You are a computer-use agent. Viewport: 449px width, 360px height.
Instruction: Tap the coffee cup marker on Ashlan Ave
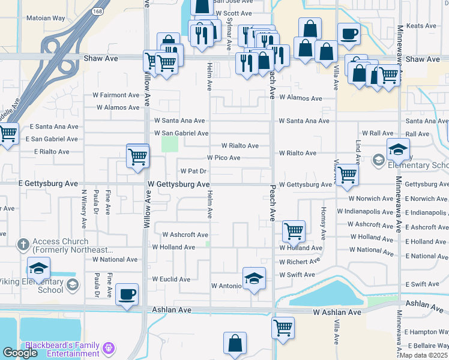[127, 294]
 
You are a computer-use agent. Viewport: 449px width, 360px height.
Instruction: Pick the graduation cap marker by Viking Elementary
[38, 268]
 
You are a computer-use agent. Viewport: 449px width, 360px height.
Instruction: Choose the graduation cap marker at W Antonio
[254, 278]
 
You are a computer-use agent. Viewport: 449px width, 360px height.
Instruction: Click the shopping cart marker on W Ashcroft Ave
[294, 230]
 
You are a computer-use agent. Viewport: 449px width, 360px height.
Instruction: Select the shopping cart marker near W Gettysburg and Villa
[347, 175]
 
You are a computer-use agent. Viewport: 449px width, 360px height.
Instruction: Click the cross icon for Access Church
[23, 244]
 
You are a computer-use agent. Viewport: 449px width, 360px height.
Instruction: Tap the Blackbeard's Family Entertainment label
[62, 349]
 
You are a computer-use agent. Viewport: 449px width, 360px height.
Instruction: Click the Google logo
[20, 353]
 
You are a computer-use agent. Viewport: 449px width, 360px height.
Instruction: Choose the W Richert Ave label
[300, 262]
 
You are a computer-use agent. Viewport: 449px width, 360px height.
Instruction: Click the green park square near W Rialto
[170, 144]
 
